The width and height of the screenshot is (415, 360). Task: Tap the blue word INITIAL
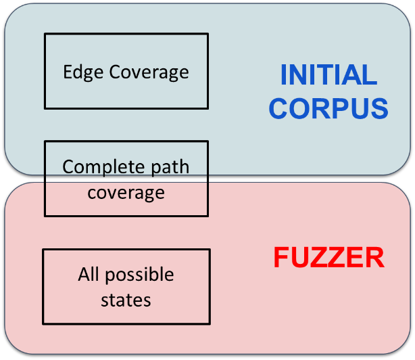coord(328,75)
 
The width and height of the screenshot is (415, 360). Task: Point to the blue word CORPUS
coord(328,108)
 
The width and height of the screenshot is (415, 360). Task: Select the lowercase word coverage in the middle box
coord(126,192)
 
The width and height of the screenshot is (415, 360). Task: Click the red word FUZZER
coord(328,258)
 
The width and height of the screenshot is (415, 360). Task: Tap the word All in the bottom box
coord(89,275)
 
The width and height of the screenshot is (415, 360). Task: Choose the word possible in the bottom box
coord(140,275)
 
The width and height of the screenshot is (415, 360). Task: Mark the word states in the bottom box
coord(126,300)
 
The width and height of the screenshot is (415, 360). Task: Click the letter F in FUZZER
coord(280,258)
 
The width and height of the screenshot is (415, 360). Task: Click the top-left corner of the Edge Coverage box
coord(45,34)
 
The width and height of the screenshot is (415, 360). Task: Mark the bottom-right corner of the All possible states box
coord(210,323)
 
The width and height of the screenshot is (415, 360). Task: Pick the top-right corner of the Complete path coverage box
coord(207,141)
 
